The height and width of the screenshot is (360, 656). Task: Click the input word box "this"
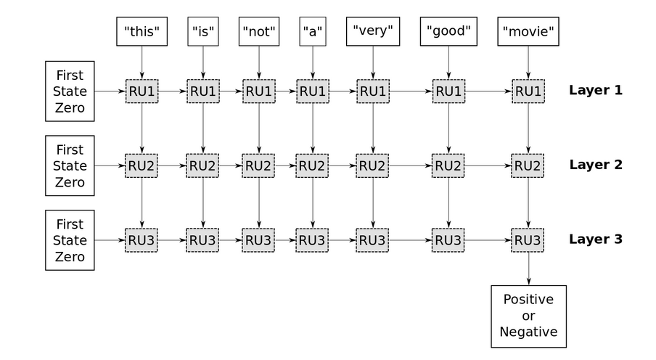(142, 31)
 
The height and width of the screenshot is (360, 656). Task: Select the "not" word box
(259, 31)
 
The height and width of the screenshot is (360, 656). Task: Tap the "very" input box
(373, 31)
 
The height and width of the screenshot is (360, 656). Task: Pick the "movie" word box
(528, 31)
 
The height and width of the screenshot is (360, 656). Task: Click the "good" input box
(448, 31)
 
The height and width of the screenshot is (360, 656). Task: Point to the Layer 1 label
(595, 91)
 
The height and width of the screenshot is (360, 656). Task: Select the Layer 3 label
(595, 240)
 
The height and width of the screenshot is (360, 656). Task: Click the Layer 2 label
(595, 165)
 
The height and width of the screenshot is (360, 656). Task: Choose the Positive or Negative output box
(528, 316)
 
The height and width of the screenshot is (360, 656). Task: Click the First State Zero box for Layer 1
(70, 91)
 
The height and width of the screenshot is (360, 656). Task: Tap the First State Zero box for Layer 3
(70, 240)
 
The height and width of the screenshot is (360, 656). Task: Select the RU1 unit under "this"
(142, 91)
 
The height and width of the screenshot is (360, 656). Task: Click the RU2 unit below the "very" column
(373, 165)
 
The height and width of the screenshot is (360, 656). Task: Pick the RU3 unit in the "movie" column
(528, 240)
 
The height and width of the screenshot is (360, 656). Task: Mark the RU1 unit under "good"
(448, 91)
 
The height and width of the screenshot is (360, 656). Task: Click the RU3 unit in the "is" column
(202, 240)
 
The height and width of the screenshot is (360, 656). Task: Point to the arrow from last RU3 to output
(528, 268)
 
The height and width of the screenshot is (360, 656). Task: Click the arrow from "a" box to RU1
(313, 62)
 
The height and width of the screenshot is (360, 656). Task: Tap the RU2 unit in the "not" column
(259, 165)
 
